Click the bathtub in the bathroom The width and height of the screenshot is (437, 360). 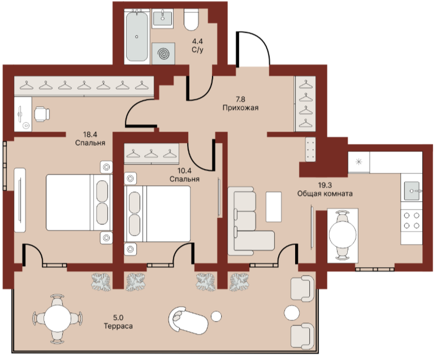click(x=137, y=36)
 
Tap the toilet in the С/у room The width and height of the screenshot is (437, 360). click(x=191, y=19)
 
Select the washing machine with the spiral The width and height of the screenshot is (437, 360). click(x=163, y=54)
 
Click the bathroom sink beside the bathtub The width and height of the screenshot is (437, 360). click(x=163, y=18)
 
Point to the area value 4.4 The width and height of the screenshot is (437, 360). click(x=197, y=41)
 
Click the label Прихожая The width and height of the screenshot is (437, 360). click(x=240, y=107)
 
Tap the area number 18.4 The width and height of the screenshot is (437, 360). click(x=90, y=135)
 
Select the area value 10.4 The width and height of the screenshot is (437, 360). click(x=184, y=171)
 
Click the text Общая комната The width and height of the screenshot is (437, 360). click(x=325, y=193)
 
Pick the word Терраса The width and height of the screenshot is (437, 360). click(x=118, y=326)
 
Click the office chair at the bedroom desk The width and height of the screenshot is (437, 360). click(x=42, y=114)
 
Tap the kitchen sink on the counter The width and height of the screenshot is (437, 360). click(x=412, y=190)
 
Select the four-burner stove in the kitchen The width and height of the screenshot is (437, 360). click(x=412, y=220)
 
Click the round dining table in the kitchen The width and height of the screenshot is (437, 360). click(x=343, y=235)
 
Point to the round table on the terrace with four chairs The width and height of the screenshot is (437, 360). click(x=58, y=318)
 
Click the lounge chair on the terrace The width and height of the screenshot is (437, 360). click(x=188, y=320)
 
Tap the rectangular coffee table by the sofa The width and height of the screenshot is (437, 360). click(x=274, y=207)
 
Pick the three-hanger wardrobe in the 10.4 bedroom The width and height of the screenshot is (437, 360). click(x=152, y=154)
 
